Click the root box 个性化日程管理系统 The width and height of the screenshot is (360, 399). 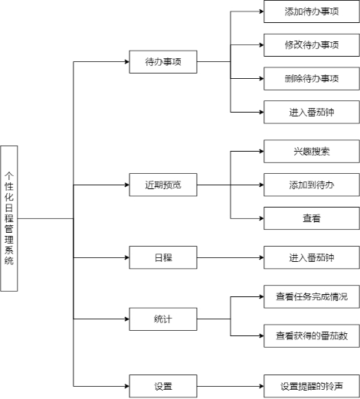(x=9, y=218)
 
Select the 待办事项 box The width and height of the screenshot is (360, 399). (x=163, y=62)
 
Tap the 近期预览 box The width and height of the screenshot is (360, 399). (x=163, y=185)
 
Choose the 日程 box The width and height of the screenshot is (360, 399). (x=163, y=257)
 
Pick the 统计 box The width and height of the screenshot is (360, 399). (x=163, y=319)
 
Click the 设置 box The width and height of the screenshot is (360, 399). (x=163, y=386)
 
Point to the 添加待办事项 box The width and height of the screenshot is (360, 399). (x=312, y=11)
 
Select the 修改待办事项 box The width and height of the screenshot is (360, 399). (x=312, y=45)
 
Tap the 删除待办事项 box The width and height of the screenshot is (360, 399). (x=312, y=79)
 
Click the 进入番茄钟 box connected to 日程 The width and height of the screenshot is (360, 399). (x=312, y=257)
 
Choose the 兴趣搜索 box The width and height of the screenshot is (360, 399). (x=312, y=152)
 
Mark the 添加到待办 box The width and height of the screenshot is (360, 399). (x=312, y=185)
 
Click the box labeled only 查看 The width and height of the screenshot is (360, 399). (x=312, y=218)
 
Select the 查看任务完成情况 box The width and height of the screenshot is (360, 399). (x=312, y=296)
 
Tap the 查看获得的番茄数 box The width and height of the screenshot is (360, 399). (x=312, y=335)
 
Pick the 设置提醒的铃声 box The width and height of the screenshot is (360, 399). (x=312, y=386)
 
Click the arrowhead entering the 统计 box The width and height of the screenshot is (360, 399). (x=127, y=319)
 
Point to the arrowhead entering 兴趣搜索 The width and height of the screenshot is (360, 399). (x=261, y=152)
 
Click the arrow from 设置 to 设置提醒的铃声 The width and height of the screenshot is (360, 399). (x=231, y=386)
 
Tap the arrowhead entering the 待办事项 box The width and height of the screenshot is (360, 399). (x=127, y=62)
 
